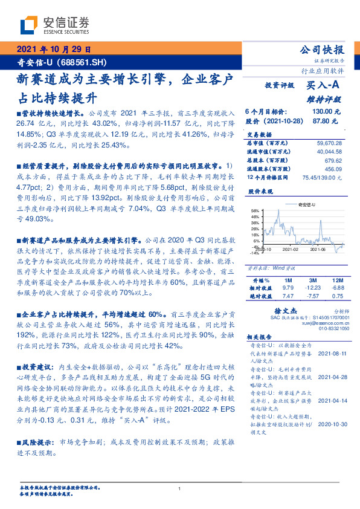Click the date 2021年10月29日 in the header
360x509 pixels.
(x=53, y=50)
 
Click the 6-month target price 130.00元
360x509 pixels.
(x=326, y=112)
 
